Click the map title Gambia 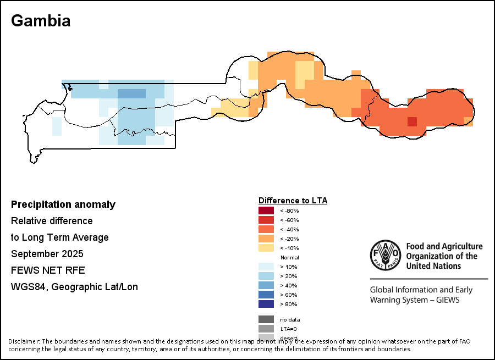pos(41,21)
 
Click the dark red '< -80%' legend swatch pos(266,211)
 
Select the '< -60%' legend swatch pos(266,220)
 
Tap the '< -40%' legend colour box pos(266,229)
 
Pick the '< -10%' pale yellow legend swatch pos(266,248)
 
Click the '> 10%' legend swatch pos(266,267)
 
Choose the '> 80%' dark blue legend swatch pos(266,304)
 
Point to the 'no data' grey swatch pos(266,319)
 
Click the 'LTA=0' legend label pos(289,329)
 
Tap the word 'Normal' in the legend pos(289,257)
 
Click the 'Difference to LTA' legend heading pos(293,201)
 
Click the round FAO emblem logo pos(386,256)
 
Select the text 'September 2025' pos(47,254)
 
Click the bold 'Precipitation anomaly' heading pos(63,204)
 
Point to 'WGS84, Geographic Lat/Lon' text pos(74,287)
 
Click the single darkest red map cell pos(412,121)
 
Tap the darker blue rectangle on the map pos(132,93)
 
